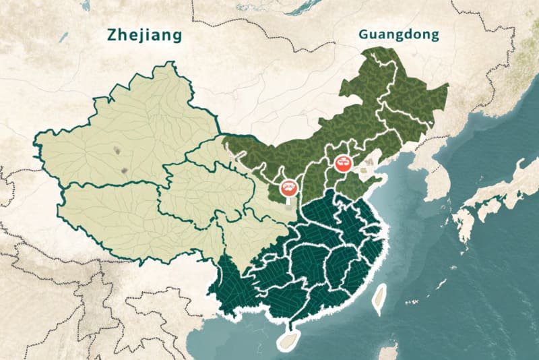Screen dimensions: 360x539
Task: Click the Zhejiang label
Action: coord(144,36)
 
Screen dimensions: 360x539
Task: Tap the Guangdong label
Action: coord(399,34)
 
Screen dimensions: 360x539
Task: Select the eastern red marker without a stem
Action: coord(343,164)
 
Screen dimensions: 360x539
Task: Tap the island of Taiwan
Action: coord(380,299)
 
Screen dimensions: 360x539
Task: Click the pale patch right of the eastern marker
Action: coord(368,160)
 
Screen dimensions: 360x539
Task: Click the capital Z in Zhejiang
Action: coord(113,36)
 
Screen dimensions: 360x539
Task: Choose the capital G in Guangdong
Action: coord(364,34)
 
